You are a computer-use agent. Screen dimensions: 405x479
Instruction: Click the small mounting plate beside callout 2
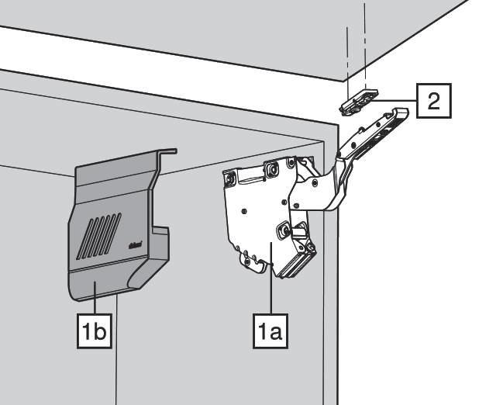[x=359, y=102]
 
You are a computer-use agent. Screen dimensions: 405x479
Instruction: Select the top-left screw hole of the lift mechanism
[x=230, y=178]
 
